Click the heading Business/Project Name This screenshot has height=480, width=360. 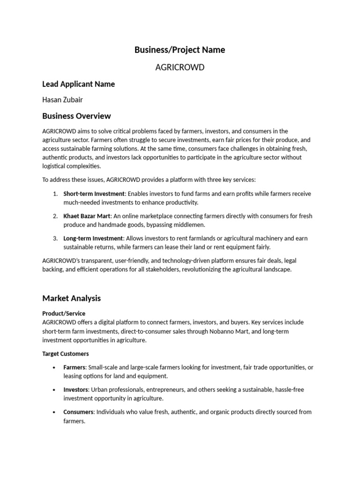(180, 50)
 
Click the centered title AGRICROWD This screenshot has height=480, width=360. (180, 67)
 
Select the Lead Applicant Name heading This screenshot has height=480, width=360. (78, 84)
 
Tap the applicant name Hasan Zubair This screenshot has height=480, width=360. (63, 99)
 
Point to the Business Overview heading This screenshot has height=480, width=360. (76, 116)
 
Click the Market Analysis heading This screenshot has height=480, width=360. (71, 299)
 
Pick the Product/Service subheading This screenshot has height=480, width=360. (64, 313)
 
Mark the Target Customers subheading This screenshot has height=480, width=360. (65, 354)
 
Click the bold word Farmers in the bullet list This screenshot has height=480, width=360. (74, 367)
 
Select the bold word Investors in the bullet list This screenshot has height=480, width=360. (76, 390)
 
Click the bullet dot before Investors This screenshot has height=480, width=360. (55, 390)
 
